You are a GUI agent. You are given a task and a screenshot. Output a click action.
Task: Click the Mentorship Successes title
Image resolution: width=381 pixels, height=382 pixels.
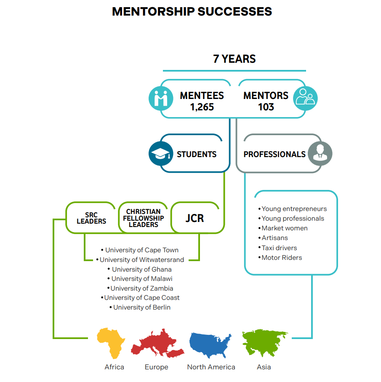[192, 11]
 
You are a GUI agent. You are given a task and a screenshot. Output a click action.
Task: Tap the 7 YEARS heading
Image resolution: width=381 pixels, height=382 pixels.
[234, 59]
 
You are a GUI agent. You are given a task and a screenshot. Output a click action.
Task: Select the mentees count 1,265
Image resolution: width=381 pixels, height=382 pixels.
[202, 107]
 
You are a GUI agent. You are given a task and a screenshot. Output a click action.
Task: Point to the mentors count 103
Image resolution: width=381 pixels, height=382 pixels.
[266, 107]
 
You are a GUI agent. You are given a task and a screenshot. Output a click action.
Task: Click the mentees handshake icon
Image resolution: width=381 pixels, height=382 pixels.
[161, 99]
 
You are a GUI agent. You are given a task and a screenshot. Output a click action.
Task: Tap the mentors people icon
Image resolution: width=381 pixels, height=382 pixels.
[305, 98]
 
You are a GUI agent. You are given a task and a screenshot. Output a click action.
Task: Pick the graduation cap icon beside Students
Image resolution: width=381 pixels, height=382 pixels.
[161, 154]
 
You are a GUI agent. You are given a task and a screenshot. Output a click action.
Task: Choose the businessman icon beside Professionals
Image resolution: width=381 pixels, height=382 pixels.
[320, 153]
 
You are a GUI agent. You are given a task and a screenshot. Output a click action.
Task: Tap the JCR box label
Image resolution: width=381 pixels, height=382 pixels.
[194, 218]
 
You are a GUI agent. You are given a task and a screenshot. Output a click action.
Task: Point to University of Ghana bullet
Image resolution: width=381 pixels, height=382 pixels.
[139, 269]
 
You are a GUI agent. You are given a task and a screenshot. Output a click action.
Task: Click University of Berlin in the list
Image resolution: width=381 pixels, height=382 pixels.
[140, 307]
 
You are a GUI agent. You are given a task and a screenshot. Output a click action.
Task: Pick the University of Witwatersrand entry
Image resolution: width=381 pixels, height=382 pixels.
[140, 260]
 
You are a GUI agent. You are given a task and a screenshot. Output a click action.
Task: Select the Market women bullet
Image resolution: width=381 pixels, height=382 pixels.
[283, 228]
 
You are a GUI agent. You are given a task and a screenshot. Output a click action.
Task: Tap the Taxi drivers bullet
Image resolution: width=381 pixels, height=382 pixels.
[277, 248]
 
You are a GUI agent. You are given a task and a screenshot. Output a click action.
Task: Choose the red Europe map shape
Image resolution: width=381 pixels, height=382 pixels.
[157, 344]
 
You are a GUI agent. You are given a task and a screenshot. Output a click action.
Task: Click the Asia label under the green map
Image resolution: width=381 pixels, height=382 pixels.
[264, 367]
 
